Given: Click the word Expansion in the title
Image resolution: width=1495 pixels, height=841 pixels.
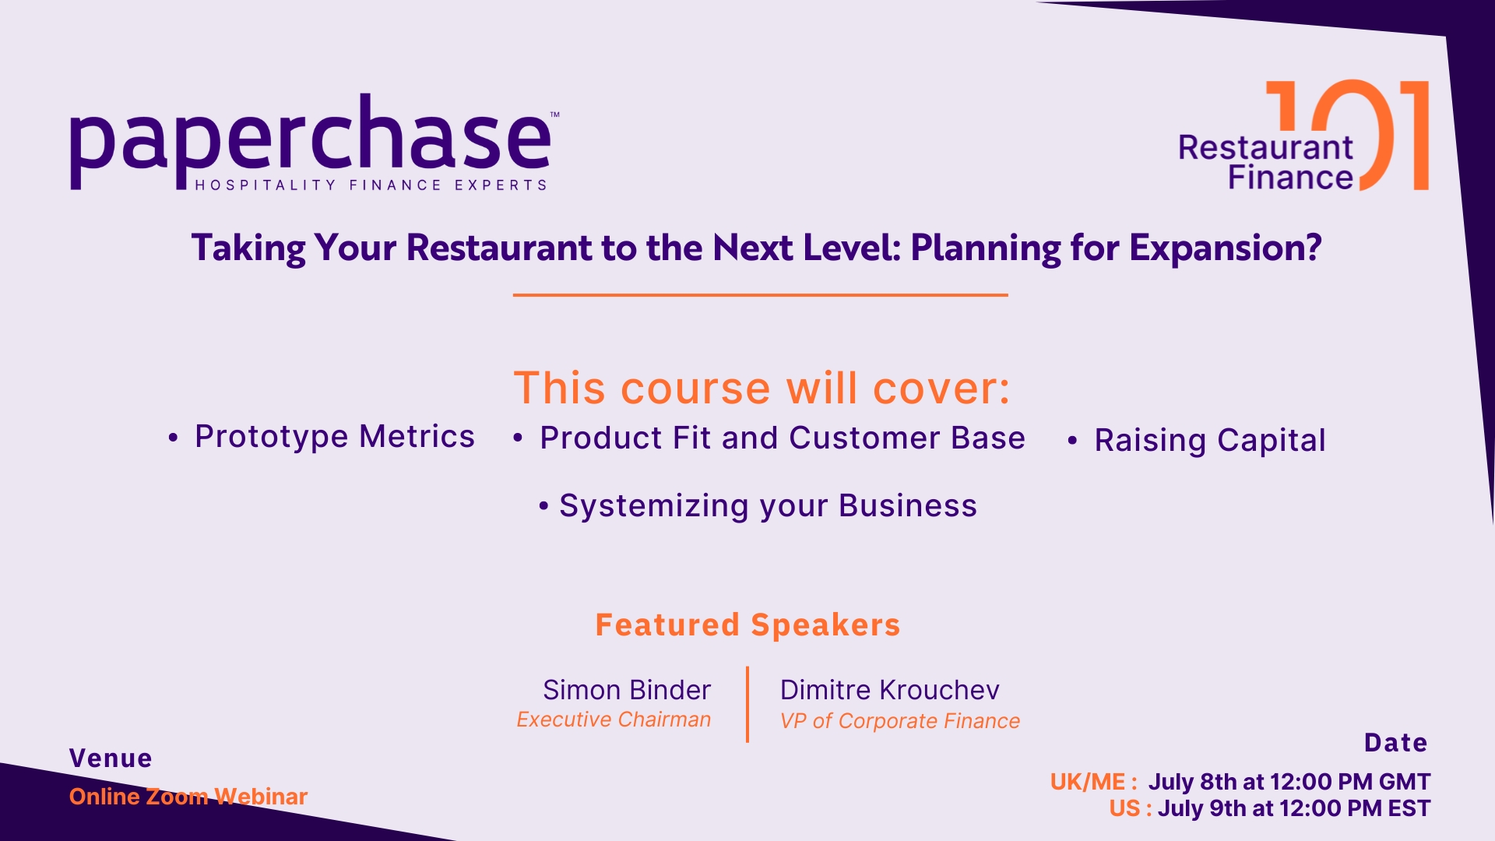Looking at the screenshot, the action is click(1226, 248).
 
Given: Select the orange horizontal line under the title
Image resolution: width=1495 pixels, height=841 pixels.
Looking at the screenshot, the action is click(760, 295).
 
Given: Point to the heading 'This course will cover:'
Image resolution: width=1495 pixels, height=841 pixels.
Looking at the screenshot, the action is click(762, 388).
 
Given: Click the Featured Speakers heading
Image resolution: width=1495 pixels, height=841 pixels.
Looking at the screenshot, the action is click(747, 625).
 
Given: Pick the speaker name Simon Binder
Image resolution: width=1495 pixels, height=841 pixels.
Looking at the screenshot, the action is click(627, 690).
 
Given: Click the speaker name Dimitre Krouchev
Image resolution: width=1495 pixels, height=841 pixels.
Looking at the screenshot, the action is click(889, 690).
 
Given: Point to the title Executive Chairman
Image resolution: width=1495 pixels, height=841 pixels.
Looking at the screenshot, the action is click(614, 720).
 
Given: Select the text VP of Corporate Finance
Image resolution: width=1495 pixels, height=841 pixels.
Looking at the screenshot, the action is click(900, 721).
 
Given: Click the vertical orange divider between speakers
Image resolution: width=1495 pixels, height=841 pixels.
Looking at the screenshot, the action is click(747, 704).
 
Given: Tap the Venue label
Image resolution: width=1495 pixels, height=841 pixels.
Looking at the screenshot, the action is click(111, 758).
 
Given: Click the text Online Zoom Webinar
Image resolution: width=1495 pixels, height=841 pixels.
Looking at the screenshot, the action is click(188, 797).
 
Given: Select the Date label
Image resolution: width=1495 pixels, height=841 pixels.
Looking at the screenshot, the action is click(1396, 743).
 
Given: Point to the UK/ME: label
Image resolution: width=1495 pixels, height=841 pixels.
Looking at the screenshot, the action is click(1093, 782).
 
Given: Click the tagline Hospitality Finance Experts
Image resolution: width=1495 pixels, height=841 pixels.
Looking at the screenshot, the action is click(371, 185).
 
